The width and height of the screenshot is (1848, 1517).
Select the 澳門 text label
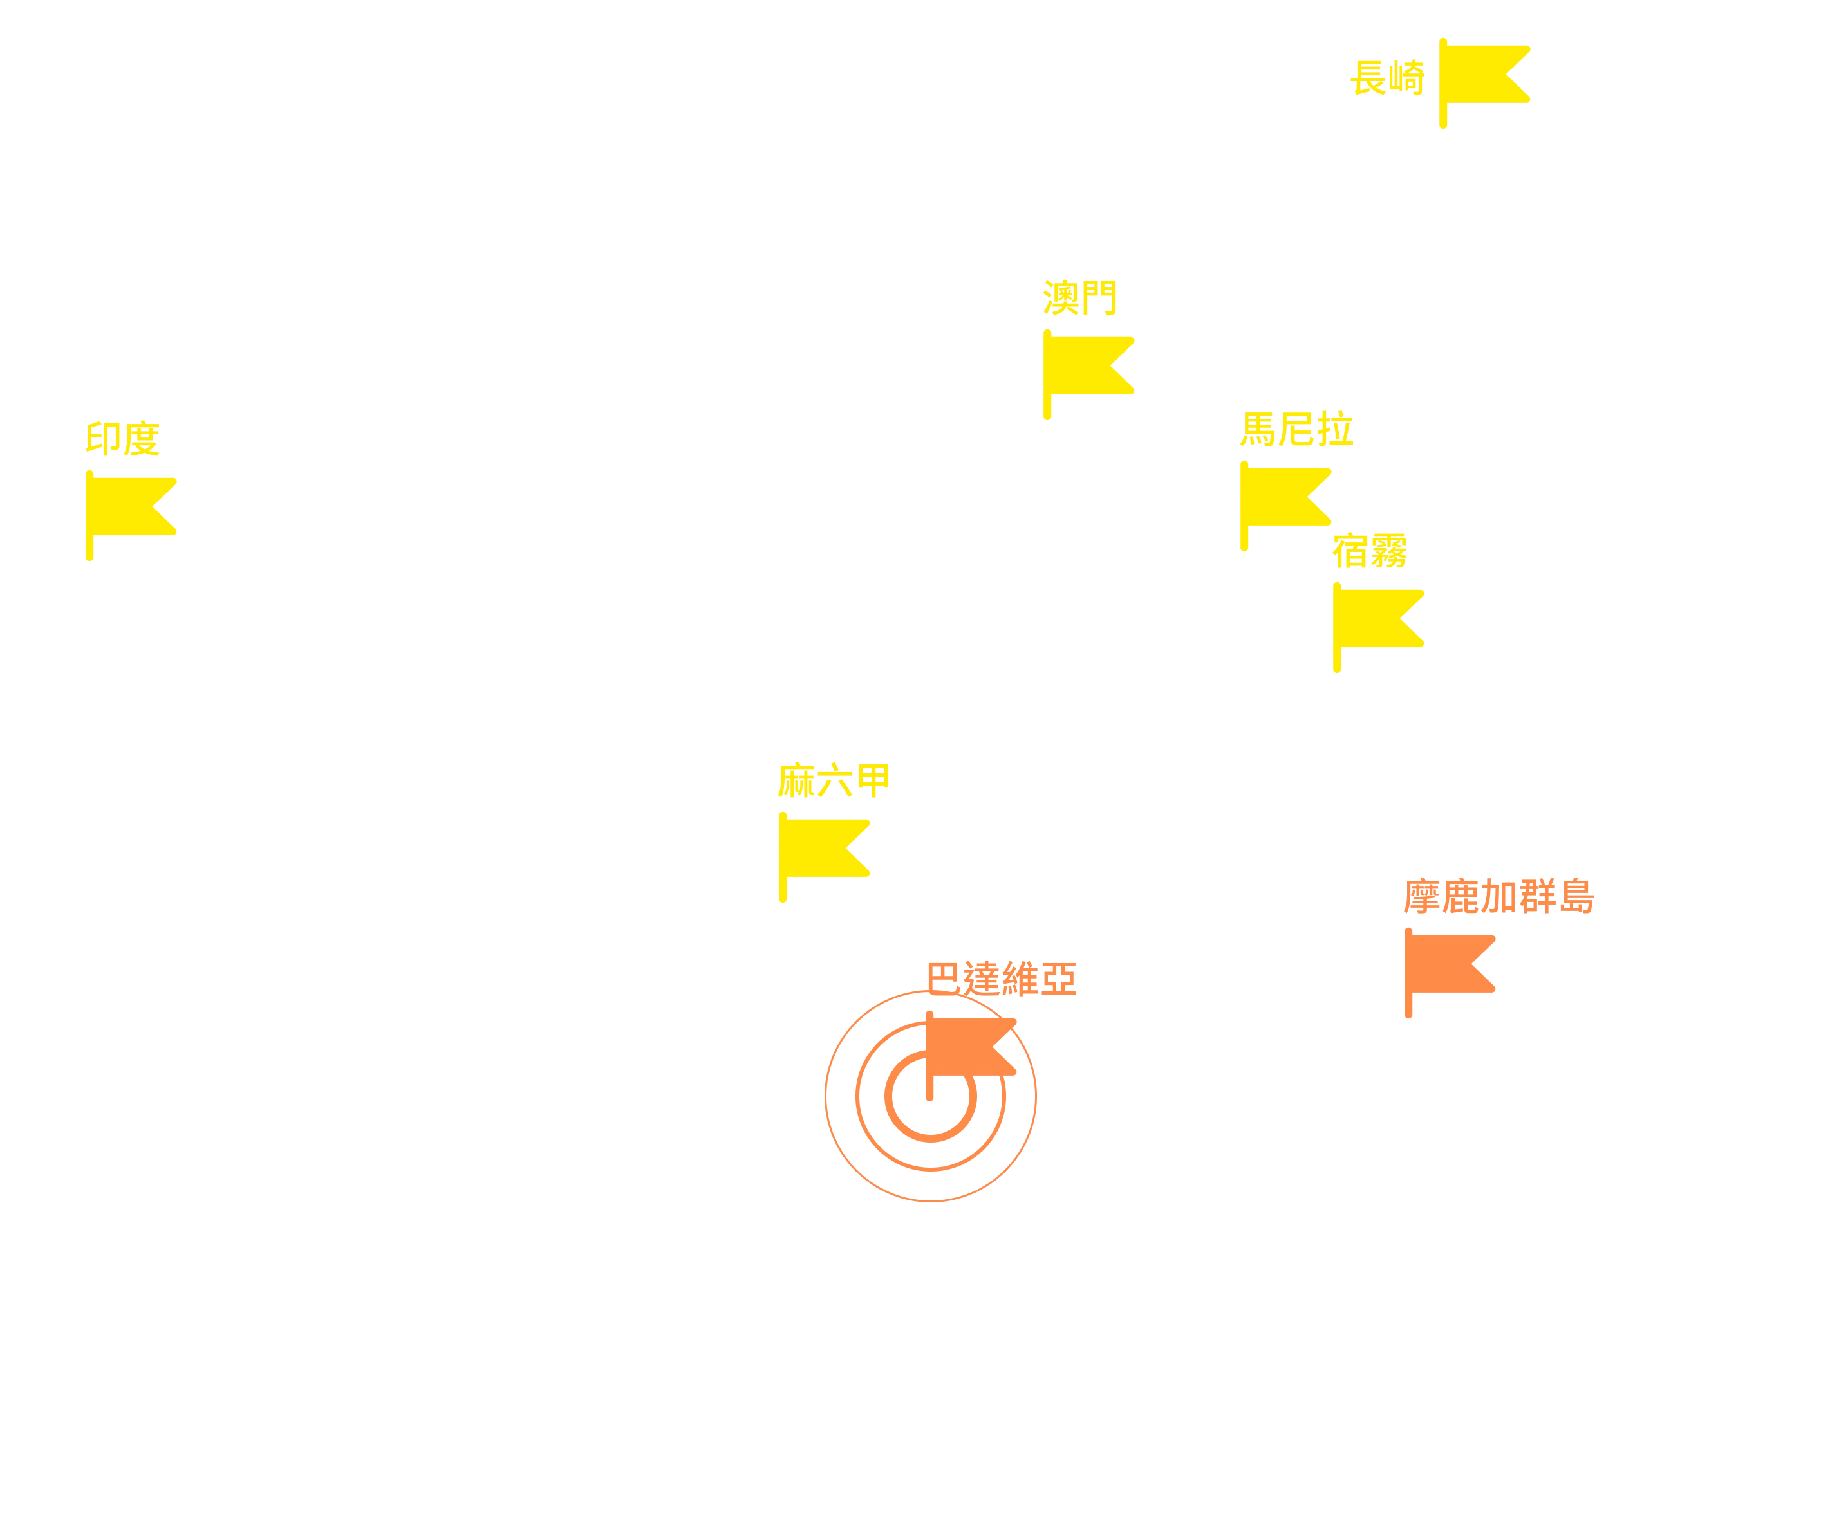pyautogui.click(x=1079, y=297)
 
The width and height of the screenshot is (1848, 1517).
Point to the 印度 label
pyautogui.click(x=122, y=438)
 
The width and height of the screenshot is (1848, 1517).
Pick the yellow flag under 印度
pyautogui.click(x=131, y=515)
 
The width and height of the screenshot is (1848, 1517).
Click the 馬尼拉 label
pyautogui.click(x=1297, y=428)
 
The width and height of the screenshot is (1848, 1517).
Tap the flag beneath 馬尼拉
pyautogui.click(x=1285, y=505)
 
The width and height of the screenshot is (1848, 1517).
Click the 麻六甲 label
pyautogui.click(x=834, y=780)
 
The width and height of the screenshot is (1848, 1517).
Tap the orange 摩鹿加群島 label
pyautogui.click(x=1499, y=896)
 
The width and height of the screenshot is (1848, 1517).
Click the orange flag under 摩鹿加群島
pyautogui.click(x=1450, y=973)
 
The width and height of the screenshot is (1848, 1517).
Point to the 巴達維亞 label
pyautogui.click(x=1002, y=979)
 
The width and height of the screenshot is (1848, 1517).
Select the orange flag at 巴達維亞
pyautogui.click(x=970, y=1056)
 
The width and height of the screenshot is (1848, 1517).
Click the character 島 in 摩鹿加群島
pyautogui.click(x=1577, y=896)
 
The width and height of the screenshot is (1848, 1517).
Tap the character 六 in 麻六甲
pyautogui.click(x=835, y=780)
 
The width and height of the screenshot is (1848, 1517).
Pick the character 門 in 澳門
pyautogui.click(x=1099, y=297)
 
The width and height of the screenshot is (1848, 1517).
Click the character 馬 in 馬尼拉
pyautogui.click(x=1259, y=428)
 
